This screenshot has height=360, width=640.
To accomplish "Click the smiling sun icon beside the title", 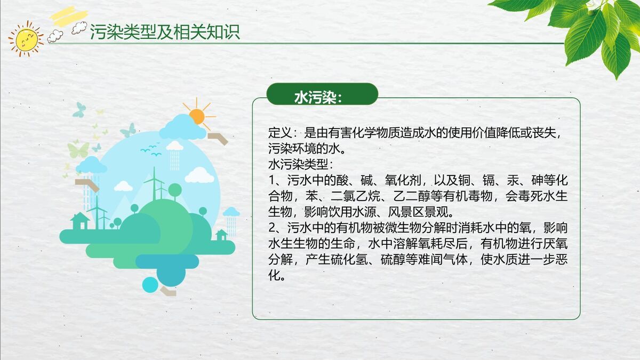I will (26, 38).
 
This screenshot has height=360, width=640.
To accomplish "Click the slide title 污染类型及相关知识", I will (165, 32).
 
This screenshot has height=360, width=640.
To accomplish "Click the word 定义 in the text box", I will (279, 133).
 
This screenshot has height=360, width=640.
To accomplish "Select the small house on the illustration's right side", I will (221, 235).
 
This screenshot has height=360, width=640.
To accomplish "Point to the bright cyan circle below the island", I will (150, 285).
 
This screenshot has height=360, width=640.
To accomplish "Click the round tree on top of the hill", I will (175, 189).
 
